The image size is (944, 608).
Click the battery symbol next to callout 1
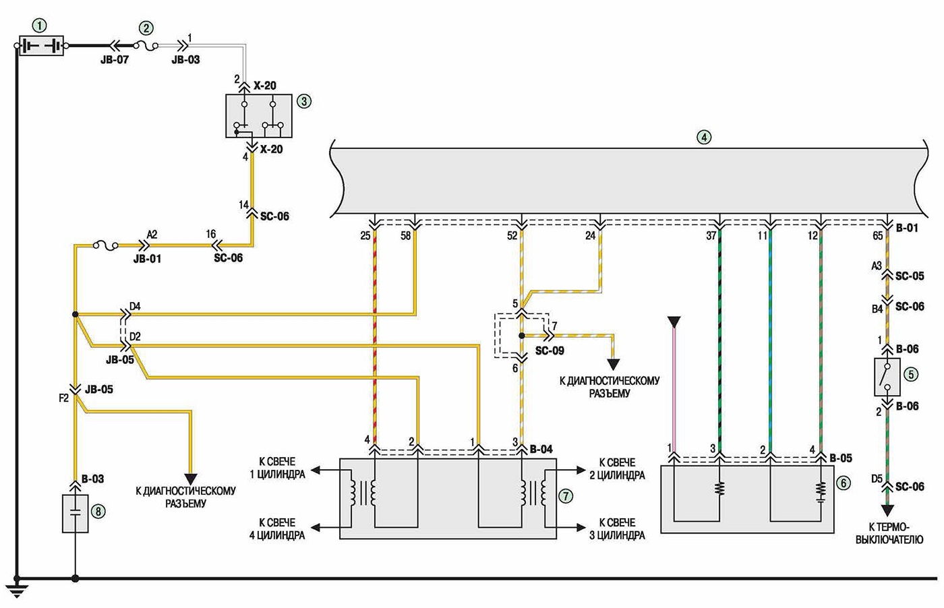[x=41, y=46]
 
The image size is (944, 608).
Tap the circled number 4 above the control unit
[x=704, y=137]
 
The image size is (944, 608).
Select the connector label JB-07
[x=114, y=59]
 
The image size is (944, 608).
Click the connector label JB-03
[x=185, y=59]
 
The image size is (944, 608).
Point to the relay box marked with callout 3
[x=259, y=116]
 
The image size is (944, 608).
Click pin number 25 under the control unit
[x=365, y=235]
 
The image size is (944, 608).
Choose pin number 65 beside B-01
[x=877, y=235]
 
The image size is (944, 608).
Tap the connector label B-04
[x=541, y=449]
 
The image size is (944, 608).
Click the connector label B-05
[x=840, y=458]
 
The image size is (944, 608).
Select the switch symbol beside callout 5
[x=887, y=377]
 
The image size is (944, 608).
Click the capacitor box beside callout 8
[x=75, y=514]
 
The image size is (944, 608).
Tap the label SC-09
[x=550, y=351]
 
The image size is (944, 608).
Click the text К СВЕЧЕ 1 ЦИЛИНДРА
[x=277, y=468]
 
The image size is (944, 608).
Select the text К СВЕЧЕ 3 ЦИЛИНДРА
[x=617, y=528]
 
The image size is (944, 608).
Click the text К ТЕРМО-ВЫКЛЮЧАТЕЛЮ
[x=889, y=533]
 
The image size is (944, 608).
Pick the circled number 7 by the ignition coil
[x=566, y=496]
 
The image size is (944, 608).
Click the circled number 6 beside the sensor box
[x=844, y=483]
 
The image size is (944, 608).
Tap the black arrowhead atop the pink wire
[x=674, y=323]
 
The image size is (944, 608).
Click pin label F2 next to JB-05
[x=63, y=398]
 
